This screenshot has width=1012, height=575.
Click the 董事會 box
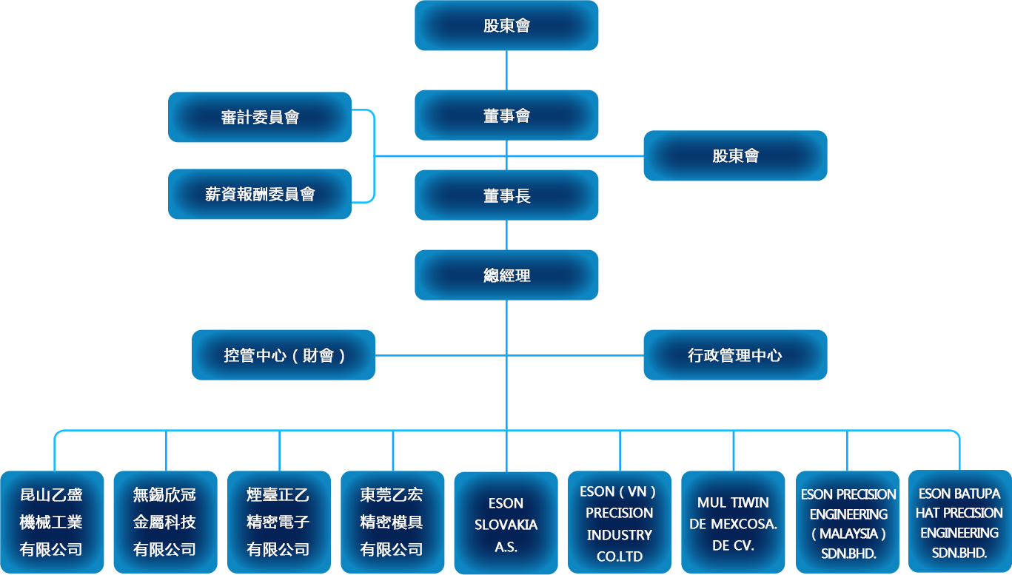tap(506, 115)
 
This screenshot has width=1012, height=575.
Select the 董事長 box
tap(506, 195)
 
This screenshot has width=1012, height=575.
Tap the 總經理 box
tap(506, 275)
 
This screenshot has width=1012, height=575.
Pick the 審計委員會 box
tap(260, 117)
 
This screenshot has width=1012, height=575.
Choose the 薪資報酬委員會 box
tap(260, 194)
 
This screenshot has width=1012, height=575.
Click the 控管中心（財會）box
tap(284, 355)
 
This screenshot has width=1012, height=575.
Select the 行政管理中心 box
tap(735, 355)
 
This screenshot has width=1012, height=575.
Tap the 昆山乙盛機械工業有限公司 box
tap(51, 522)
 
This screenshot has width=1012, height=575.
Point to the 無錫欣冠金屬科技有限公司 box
tap(164, 522)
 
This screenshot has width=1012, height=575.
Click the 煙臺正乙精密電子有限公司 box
tap(278, 522)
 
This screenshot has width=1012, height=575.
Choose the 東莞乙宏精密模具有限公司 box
tap(392, 522)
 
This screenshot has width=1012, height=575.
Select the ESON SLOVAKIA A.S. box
tap(506, 524)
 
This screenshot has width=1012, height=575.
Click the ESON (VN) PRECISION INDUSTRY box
tap(619, 523)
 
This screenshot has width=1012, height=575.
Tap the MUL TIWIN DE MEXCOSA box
tap(733, 523)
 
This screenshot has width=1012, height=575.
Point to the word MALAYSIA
tap(848, 534)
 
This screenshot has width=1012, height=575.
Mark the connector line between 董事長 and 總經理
tap(506, 235)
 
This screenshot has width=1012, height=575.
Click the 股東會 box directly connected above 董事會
tap(506, 26)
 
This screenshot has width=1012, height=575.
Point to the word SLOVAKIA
tap(506, 525)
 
